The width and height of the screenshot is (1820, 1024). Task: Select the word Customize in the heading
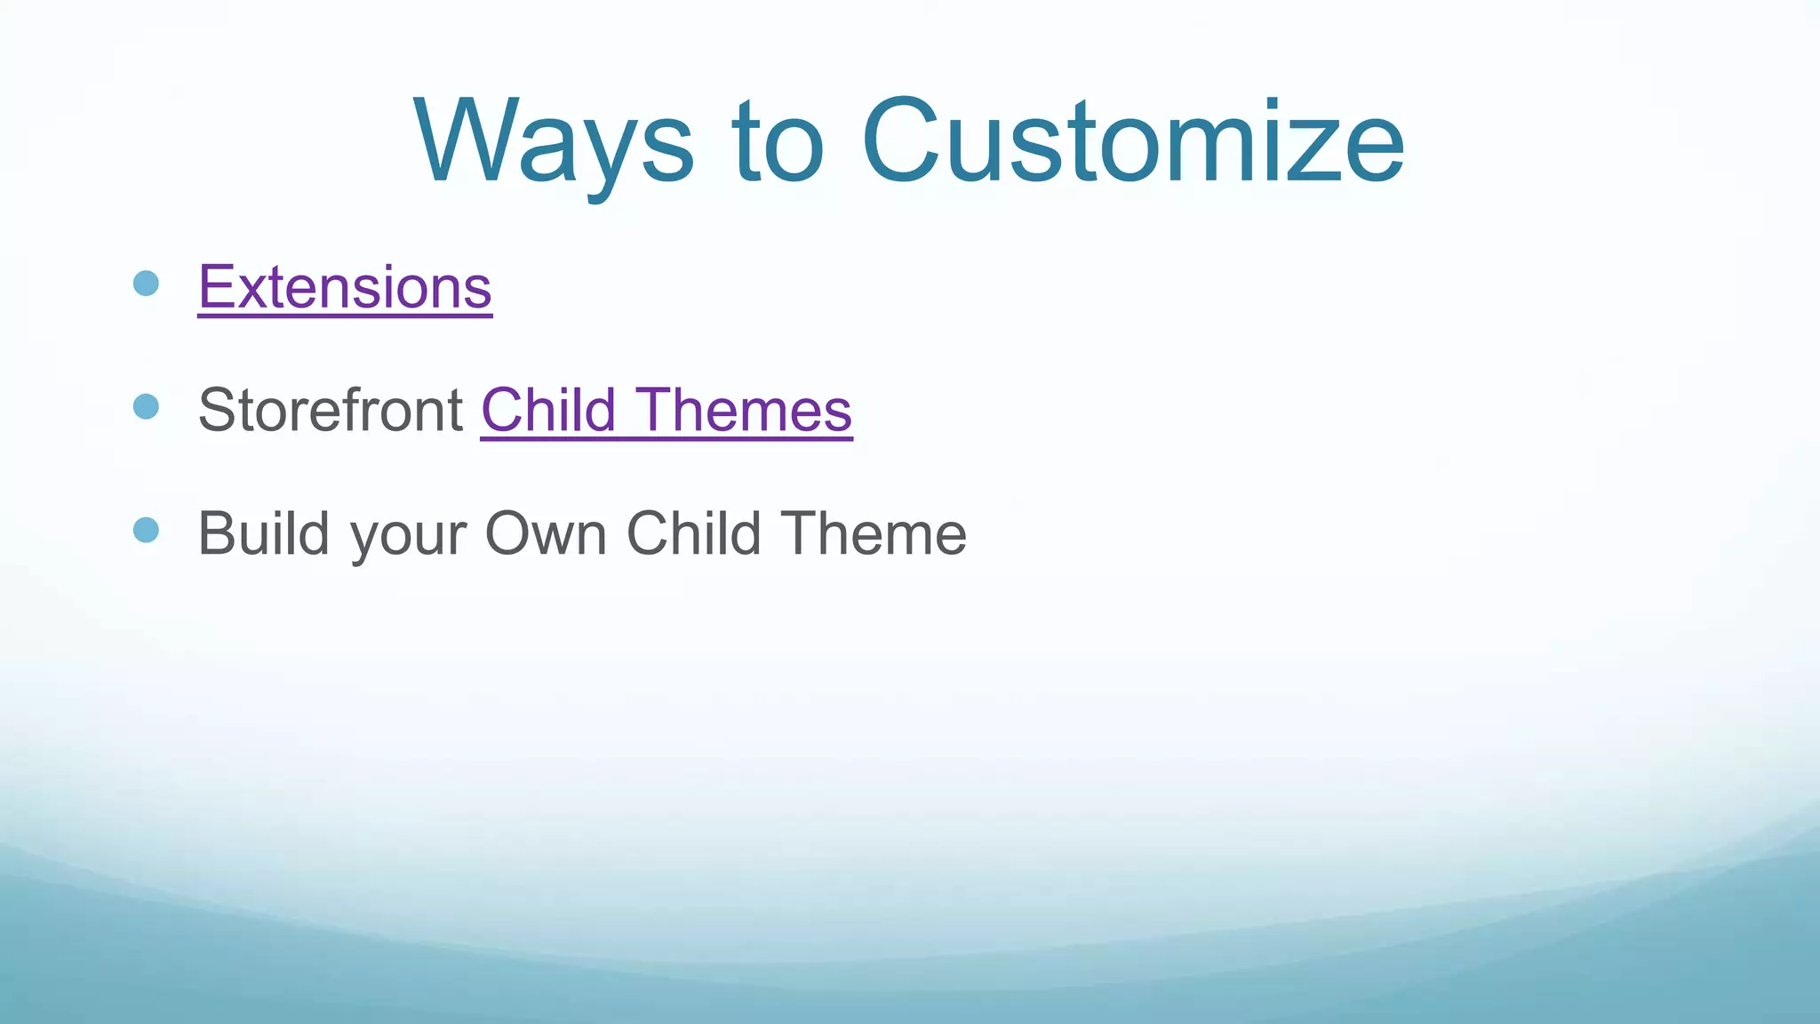1132,142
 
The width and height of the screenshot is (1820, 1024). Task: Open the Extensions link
345,287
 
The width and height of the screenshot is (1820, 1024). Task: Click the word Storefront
330,411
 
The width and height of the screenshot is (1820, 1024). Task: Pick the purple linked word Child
548,411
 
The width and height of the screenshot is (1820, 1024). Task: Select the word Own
545,533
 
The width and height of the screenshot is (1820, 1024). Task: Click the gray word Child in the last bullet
693,533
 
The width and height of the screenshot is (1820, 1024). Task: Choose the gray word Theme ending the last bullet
874,533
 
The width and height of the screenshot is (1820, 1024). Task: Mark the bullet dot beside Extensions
146,284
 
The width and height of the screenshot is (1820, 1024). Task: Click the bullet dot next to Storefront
146,407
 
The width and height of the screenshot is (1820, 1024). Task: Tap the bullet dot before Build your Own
146,531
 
